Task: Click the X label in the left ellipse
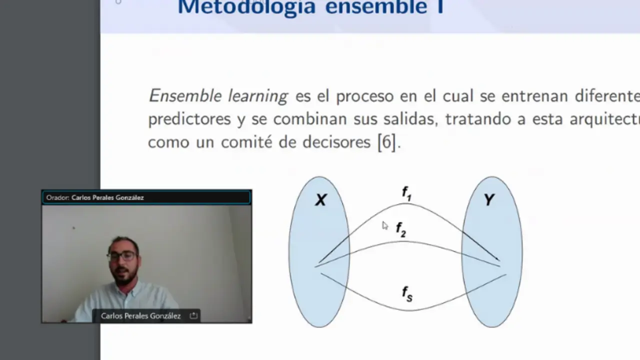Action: pyautogui.click(x=320, y=200)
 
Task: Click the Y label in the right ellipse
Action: pyautogui.click(x=489, y=200)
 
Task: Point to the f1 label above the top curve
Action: pyautogui.click(x=406, y=193)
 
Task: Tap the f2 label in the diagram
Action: pyautogui.click(x=401, y=229)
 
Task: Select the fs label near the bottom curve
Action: pyautogui.click(x=407, y=293)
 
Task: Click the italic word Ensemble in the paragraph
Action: pyautogui.click(x=185, y=95)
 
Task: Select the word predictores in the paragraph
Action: pyautogui.click(x=189, y=119)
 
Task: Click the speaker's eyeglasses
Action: pyautogui.click(x=121, y=255)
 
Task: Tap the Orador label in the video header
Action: pyautogui.click(x=57, y=197)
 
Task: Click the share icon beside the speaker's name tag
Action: pyautogui.click(x=193, y=315)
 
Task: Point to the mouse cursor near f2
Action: pyautogui.click(x=384, y=225)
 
